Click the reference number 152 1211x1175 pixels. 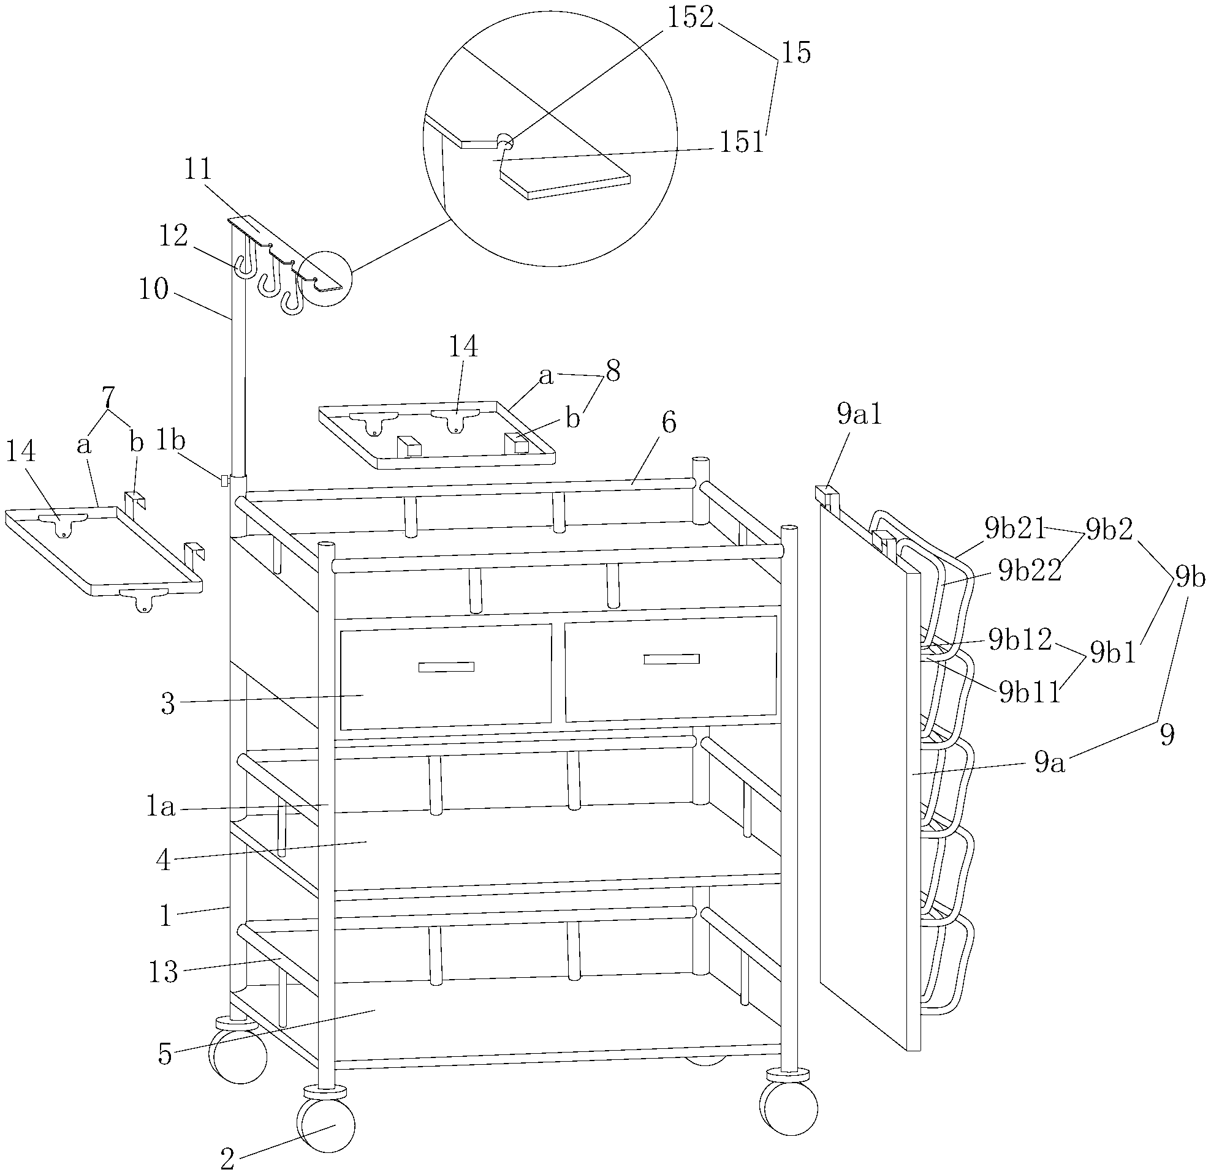point(689,18)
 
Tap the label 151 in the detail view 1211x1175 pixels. point(742,143)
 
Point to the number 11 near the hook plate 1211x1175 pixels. point(199,169)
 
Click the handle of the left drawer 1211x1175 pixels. point(446,667)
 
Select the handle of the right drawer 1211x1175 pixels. point(672,659)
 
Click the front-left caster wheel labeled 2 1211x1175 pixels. point(326,1125)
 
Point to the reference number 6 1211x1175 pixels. point(669,422)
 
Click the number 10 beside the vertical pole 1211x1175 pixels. point(153,289)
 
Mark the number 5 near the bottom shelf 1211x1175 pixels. point(165,1054)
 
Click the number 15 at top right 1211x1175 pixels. point(796,53)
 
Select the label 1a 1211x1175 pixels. point(161,807)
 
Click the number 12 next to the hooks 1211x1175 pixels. point(173,236)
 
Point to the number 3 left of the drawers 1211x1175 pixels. point(168,704)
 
